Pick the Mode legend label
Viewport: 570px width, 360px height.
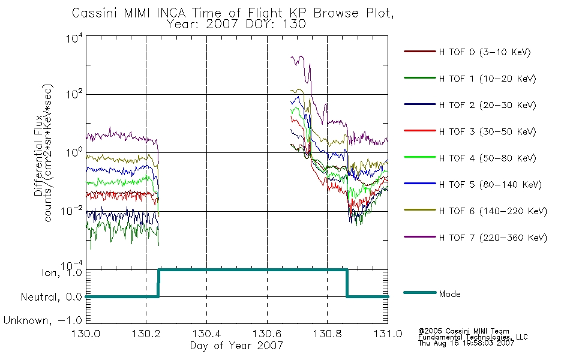[450, 294]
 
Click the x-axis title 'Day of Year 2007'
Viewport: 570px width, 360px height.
[236, 346]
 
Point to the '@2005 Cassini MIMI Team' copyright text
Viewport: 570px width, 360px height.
[463, 331]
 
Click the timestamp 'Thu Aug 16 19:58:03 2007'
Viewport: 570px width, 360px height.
[466, 344]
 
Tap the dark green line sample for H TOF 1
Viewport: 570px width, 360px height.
[419, 79]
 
